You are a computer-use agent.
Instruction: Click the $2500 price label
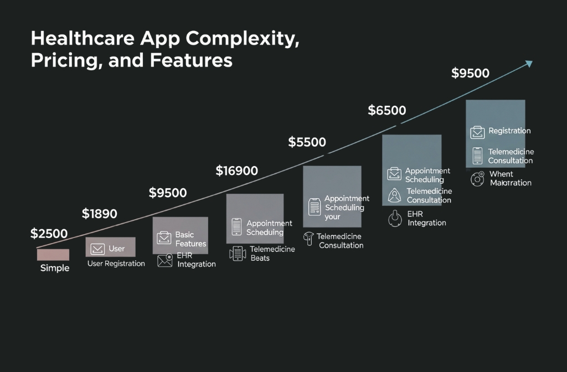(49, 234)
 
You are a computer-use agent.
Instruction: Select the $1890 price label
(100, 214)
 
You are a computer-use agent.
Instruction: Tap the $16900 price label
(236, 171)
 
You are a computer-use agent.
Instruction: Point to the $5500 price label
(307, 142)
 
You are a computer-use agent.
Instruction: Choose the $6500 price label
(387, 111)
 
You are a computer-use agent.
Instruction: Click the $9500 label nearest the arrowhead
(470, 74)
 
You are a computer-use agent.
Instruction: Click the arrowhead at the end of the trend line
(529, 64)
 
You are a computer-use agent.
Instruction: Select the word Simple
(55, 268)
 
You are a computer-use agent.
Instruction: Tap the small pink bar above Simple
(53, 255)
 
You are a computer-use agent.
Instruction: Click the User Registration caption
(116, 264)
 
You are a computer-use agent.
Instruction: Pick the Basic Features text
(190, 239)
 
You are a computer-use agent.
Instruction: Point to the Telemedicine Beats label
(272, 254)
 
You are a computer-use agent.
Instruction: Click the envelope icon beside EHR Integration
(165, 261)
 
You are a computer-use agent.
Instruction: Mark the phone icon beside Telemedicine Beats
(238, 254)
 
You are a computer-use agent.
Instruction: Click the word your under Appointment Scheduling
(332, 217)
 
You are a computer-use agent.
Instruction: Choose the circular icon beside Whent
(477, 179)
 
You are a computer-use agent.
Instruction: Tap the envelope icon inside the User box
(97, 249)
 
